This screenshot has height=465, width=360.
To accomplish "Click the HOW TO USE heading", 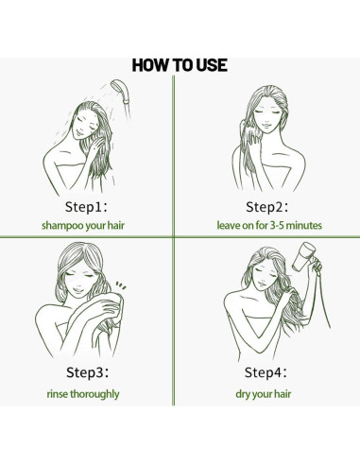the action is click(x=180, y=65).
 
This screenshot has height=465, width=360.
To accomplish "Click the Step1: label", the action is click(x=86, y=207).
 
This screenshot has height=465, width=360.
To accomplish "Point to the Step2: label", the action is click(x=266, y=207).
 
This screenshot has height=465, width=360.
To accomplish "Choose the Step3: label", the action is click(x=88, y=372).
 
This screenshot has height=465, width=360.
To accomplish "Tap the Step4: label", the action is click(x=266, y=372).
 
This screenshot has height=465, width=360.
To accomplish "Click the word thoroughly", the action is click(x=94, y=394).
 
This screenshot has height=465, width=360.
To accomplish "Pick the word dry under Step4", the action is click(x=243, y=394).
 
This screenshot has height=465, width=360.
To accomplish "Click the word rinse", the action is click(x=58, y=394).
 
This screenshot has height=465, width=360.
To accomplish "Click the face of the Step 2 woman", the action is click(x=266, y=116).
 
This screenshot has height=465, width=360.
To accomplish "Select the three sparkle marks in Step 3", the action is click(x=121, y=285).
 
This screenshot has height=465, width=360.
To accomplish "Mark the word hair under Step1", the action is click(x=116, y=225).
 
